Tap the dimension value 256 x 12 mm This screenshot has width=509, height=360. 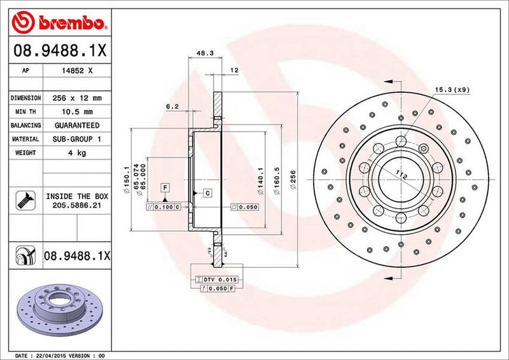tap(78, 98)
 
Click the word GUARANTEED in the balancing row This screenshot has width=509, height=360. tap(78, 125)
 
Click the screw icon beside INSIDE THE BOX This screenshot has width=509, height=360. tap(23, 202)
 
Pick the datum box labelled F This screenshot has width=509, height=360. tap(164, 187)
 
